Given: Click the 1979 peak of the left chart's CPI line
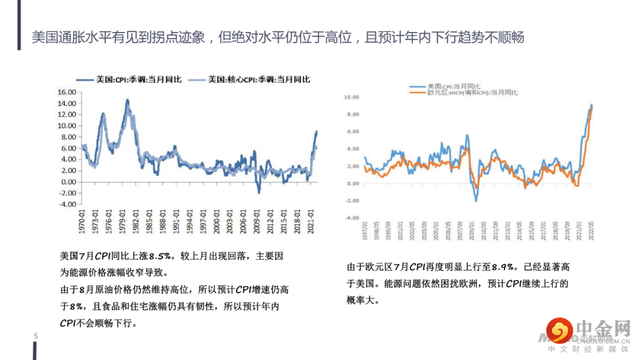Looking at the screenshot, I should coord(127,100).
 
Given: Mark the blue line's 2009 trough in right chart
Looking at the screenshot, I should coord(476,201).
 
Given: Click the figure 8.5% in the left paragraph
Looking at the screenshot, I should coord(160,256).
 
